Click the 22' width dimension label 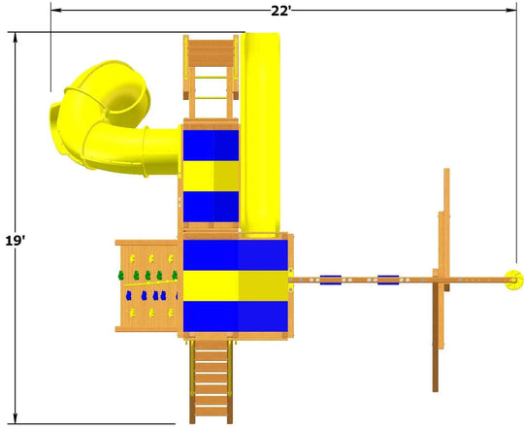click(280, 11)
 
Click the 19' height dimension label click(15, 241)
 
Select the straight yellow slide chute click(260, 134)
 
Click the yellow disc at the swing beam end click(513, 280)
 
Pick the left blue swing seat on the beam click(331, 280)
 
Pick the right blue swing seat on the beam click(388, 280)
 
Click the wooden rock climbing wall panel click(147, 286)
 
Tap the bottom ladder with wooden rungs click(211, 381)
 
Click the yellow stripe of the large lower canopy click(236, 285)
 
